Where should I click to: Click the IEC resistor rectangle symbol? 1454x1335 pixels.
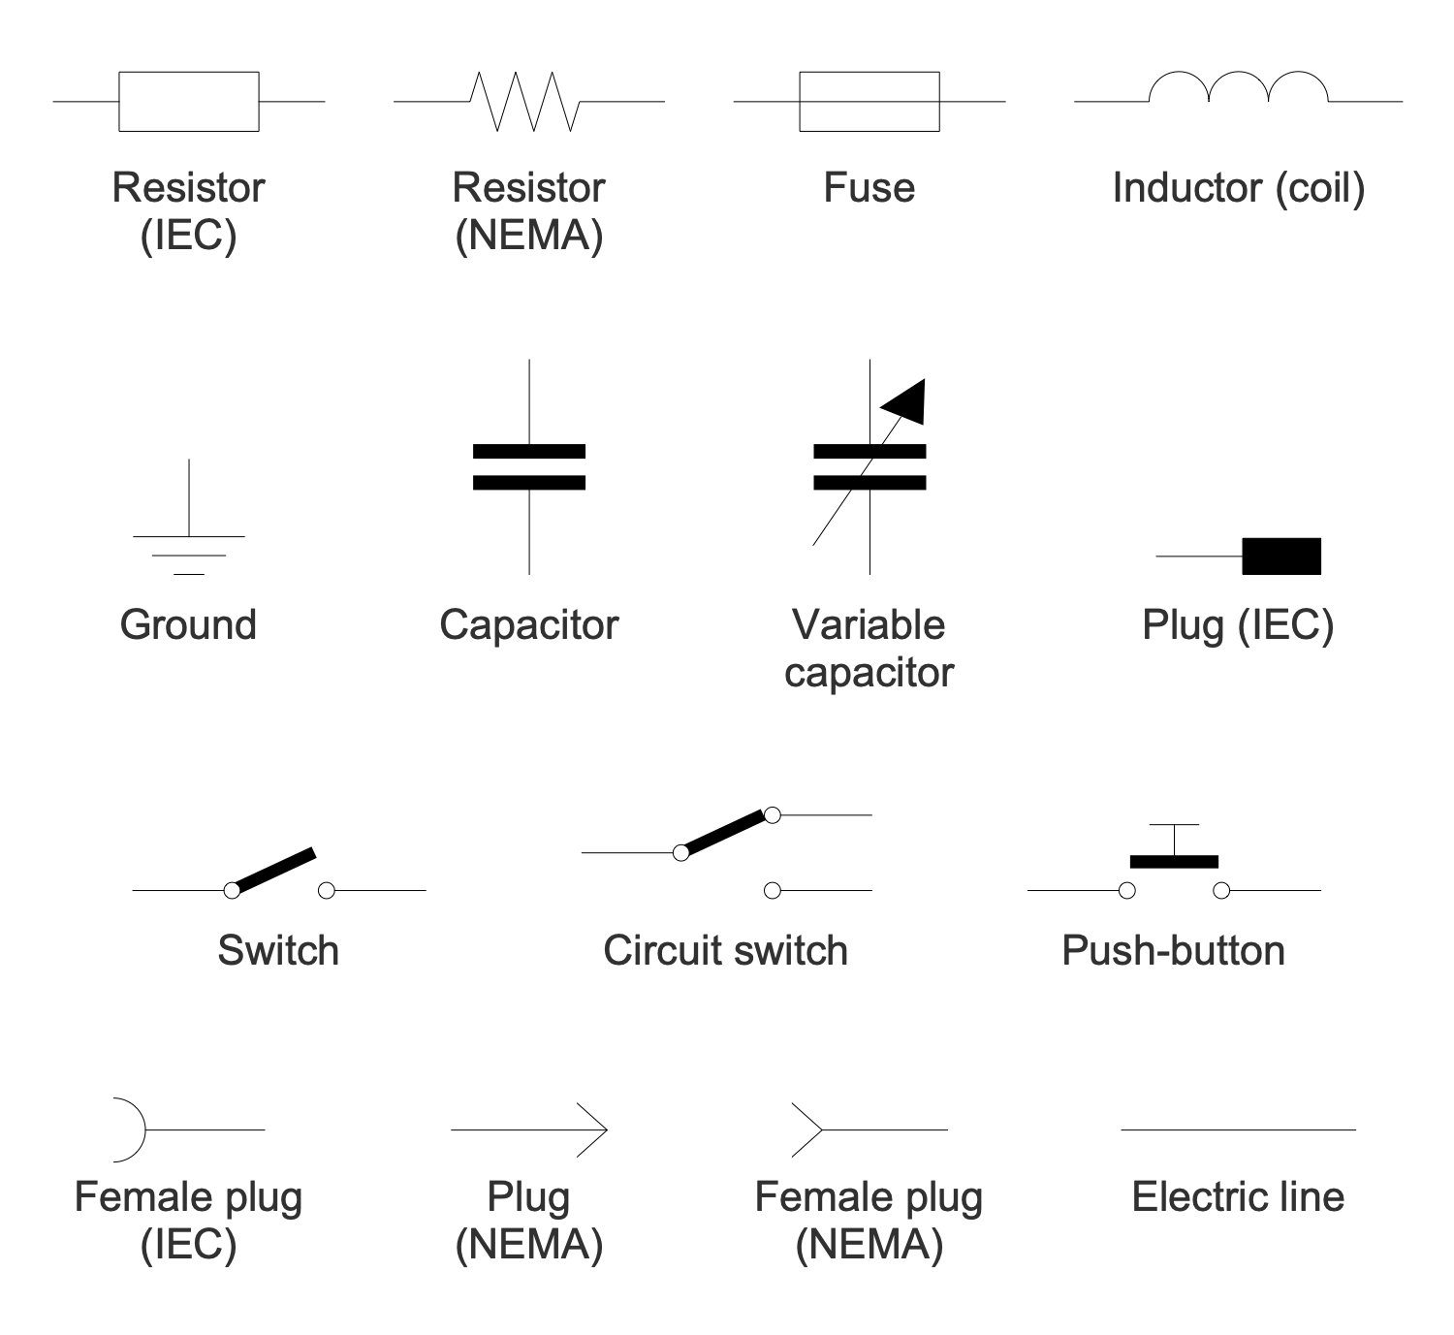(x=188, y=101)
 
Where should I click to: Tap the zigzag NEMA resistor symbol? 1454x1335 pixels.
(x=524, y=101)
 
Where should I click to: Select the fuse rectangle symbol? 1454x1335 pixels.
(x=869, y=101)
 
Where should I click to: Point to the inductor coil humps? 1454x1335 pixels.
(x=1238, y=87)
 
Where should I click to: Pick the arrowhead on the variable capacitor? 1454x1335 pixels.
(x=907, y=399)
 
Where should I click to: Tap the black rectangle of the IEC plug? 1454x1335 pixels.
(x=1280, y=556)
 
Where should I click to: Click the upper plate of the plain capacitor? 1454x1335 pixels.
(x=529, y=452)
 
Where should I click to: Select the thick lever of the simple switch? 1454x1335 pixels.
(x=274, y=870)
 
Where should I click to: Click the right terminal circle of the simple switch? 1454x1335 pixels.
(x=327, y=890)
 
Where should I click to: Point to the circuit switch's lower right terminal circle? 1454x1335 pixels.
(x=772, y=890)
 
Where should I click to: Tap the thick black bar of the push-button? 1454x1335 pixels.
(x=1174, y=861)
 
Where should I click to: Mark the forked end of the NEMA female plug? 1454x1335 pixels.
(x=806, y=1129)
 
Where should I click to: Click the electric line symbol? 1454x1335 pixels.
(x=1238, y=1129)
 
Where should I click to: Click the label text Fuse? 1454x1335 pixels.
(x=869, y=188)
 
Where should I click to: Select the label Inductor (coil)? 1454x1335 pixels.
(x=1238, y=188)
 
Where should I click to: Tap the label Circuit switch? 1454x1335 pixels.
(x=725, y=951)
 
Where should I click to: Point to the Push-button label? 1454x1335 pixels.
(x=1173, y=951)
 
